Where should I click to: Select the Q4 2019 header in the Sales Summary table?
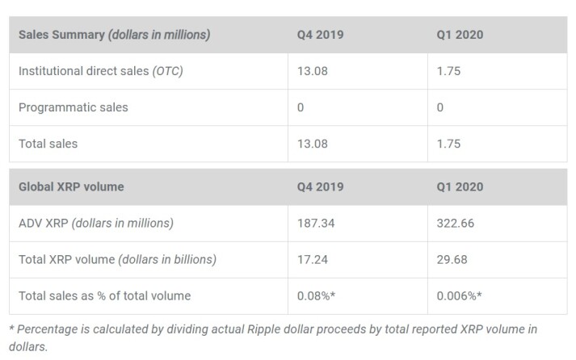tap(321, 35)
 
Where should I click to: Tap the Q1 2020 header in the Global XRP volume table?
tap(460, 186)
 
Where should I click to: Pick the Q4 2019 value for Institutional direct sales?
tap(313, 71)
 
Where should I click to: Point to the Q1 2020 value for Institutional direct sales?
tap(448, 71)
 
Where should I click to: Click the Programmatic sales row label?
tap(74, 107)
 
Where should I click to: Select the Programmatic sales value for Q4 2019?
tap(301, 107)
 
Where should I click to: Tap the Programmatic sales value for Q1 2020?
tap(440, 107)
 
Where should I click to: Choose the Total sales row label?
tap(48, 144)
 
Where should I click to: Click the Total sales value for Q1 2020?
tap(448, 144)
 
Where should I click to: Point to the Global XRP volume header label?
tap(71, 186)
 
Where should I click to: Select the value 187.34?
tap(316, 223)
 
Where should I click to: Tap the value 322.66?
tap(456, 223)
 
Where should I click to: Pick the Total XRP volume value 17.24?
tap(313, 259)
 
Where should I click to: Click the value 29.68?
tap(452, 259)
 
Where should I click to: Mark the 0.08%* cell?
tap(317, 295)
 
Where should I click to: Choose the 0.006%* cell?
tap(459, 295)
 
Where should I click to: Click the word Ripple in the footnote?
tap(263, 329)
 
